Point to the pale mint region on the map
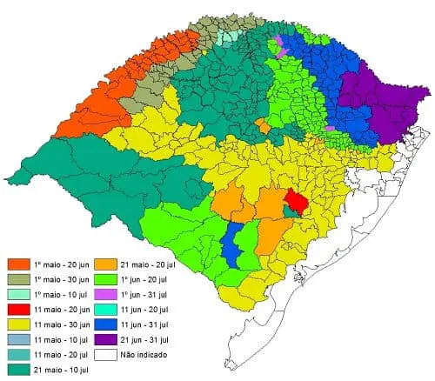(228, 37)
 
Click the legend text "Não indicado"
(148, 355)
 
